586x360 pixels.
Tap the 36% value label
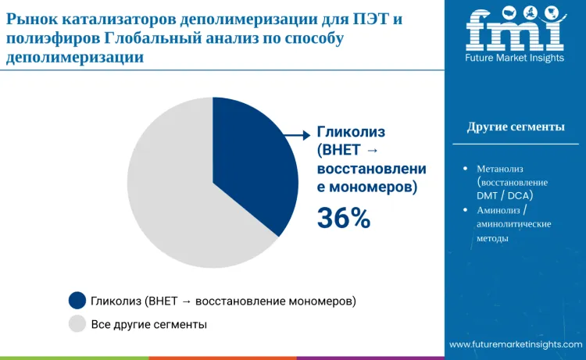343,219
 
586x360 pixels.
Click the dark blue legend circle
77,301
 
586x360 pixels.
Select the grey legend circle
77,323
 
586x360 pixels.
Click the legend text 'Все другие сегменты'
149,323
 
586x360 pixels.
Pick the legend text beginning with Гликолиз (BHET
223,301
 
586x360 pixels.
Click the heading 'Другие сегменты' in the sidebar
516,127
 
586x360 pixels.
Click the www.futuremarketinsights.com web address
516,344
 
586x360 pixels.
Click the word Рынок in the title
29,20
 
